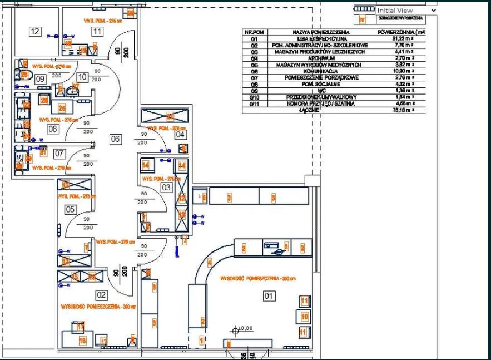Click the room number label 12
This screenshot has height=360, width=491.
(36, 32)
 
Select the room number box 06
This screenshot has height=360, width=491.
(115, 139)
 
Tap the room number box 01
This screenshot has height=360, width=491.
(269, 296)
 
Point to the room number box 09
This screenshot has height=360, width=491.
(41, 79)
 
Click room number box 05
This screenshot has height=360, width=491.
(71, 209)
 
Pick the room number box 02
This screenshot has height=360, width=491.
(102, 295)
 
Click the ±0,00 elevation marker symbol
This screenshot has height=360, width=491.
(235, 331)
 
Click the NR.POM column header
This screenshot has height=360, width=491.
(254, 33)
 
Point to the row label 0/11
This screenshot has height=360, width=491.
(254, 103)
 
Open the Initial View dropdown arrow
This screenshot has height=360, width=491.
(433, 10)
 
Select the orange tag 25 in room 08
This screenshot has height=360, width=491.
(62, 109)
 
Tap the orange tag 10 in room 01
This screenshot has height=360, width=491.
(304, 317)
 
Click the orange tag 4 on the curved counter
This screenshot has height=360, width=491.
(210, 262)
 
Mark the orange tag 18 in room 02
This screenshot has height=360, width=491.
(82, 340)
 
